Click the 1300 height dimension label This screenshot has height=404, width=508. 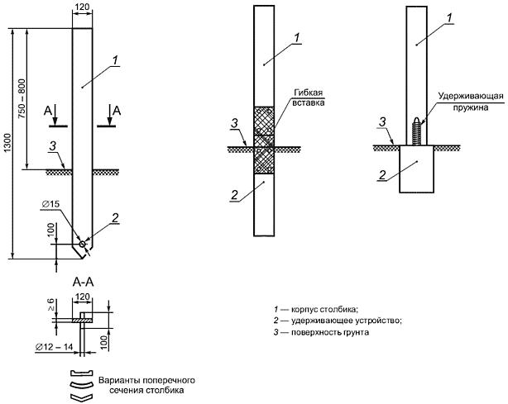[8, 143]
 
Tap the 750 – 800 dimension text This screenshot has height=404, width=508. [22, 98]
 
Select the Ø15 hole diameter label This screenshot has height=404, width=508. [51, 204]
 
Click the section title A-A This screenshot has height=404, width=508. [83, 283]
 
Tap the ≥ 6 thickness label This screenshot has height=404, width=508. [51, 305]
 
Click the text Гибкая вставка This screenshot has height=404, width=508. [308, 97]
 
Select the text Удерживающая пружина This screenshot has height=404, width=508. [471, 102]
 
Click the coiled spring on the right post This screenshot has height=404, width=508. [417, 131]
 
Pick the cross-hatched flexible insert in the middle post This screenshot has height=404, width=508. [264, 140]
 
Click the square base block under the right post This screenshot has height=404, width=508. [417, 169]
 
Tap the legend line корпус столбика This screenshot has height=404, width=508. [316, 310]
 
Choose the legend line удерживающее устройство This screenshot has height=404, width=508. [338, 321]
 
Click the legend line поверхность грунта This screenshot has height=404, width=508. [321, 332]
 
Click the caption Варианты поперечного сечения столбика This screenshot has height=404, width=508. [146, 385]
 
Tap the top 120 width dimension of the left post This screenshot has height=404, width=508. [82, 7]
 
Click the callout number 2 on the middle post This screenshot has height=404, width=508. [234, 195]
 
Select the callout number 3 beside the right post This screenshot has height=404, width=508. [382, 122]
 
